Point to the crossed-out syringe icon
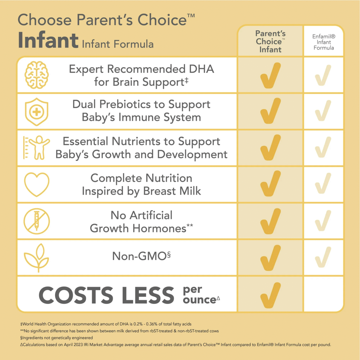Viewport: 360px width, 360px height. coord(37,221)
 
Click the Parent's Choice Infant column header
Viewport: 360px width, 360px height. coord(270,41)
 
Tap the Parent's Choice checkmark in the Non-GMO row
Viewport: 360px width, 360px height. coord(270,258)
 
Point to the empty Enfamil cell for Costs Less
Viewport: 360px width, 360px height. coord(323,295)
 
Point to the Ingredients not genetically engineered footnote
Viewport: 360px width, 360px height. coord(57,337)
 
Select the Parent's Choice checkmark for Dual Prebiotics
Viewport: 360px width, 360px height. coord(270,111)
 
